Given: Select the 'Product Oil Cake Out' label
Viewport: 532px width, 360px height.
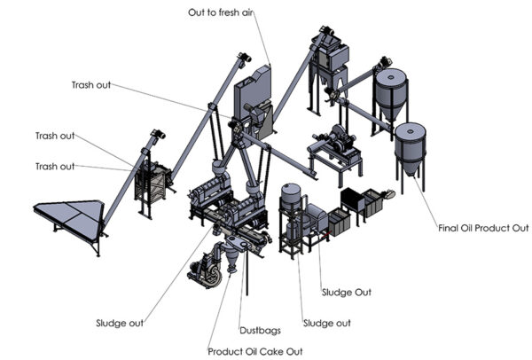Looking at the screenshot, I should [255, 352].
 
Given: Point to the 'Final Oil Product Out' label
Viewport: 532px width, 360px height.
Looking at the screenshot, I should [483, 228].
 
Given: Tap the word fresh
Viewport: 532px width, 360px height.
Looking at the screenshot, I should [237, 12].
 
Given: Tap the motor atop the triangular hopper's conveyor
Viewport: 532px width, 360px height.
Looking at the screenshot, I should [160, 135].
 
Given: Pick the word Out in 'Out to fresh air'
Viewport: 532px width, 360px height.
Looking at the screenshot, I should [200, 12].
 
